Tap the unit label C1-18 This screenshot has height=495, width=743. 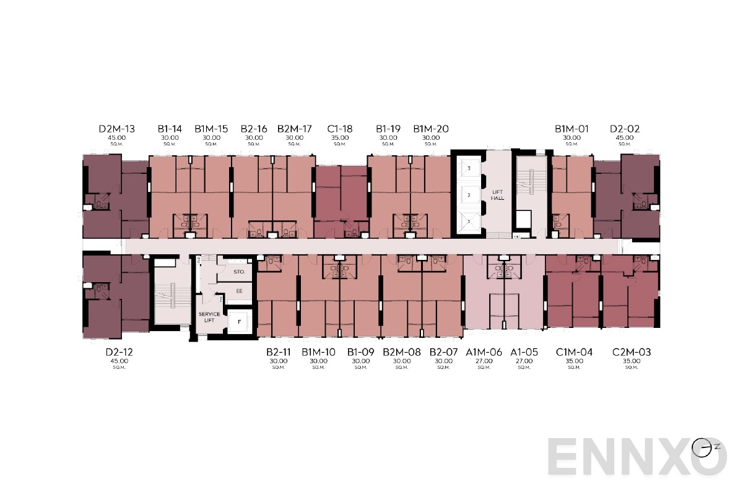pyautogui.click(x=339, y=129)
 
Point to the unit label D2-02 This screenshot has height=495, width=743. pyautogui.click(x=625, y=129)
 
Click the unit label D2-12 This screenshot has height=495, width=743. pyautogui.click(x=119, y=352)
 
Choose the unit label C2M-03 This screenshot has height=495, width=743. pyautogui.click(x=632, y=352)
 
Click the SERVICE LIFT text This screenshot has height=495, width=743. pyautogui.click(x=209, y=317)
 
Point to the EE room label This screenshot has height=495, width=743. pyautogui.click(x=239, y=290)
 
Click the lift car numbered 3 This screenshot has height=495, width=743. pyautogui.click(x=469, y=168)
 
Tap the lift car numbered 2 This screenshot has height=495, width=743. pyautogui.click(x=469, y=195)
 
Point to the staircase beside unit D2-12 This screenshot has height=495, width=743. pyautogui.click(x=171, y=293)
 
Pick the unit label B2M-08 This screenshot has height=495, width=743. pyautogui.click(x=401, y=352)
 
